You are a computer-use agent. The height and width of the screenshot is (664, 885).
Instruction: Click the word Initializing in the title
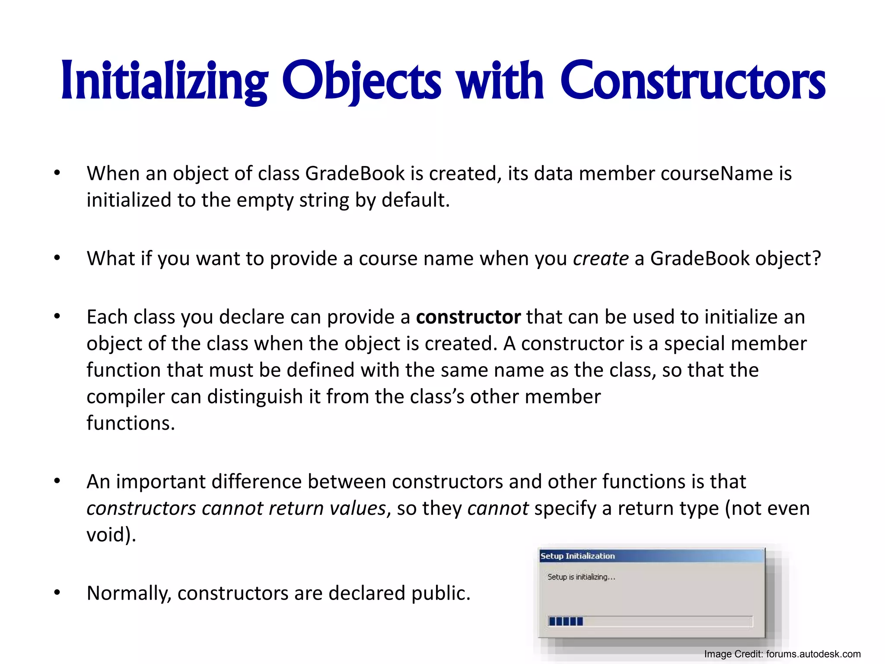(164, 81)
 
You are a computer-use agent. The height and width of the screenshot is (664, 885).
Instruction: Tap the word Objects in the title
(362, 81)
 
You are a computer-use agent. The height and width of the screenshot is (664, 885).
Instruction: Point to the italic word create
(601, 259)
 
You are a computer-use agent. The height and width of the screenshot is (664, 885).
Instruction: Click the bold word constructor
(468, 317)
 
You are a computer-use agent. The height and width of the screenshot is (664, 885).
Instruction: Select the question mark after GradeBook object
(816, 259)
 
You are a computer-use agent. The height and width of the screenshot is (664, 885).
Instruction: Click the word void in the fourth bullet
(106, 535)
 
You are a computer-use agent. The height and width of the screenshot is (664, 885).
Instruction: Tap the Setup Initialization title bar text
(578, 556)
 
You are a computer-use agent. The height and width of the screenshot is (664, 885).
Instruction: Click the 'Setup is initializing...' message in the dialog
(581, 577)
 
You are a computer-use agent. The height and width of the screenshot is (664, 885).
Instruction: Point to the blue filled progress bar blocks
(566, 621)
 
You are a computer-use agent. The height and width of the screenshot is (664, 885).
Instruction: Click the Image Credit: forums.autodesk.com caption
(782, 654)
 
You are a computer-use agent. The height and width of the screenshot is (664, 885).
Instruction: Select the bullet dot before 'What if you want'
(57, 258)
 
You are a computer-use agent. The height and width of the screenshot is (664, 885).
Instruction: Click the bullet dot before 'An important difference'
(57, 481)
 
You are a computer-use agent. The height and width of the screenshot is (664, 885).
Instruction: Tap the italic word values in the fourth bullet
(357, 508)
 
